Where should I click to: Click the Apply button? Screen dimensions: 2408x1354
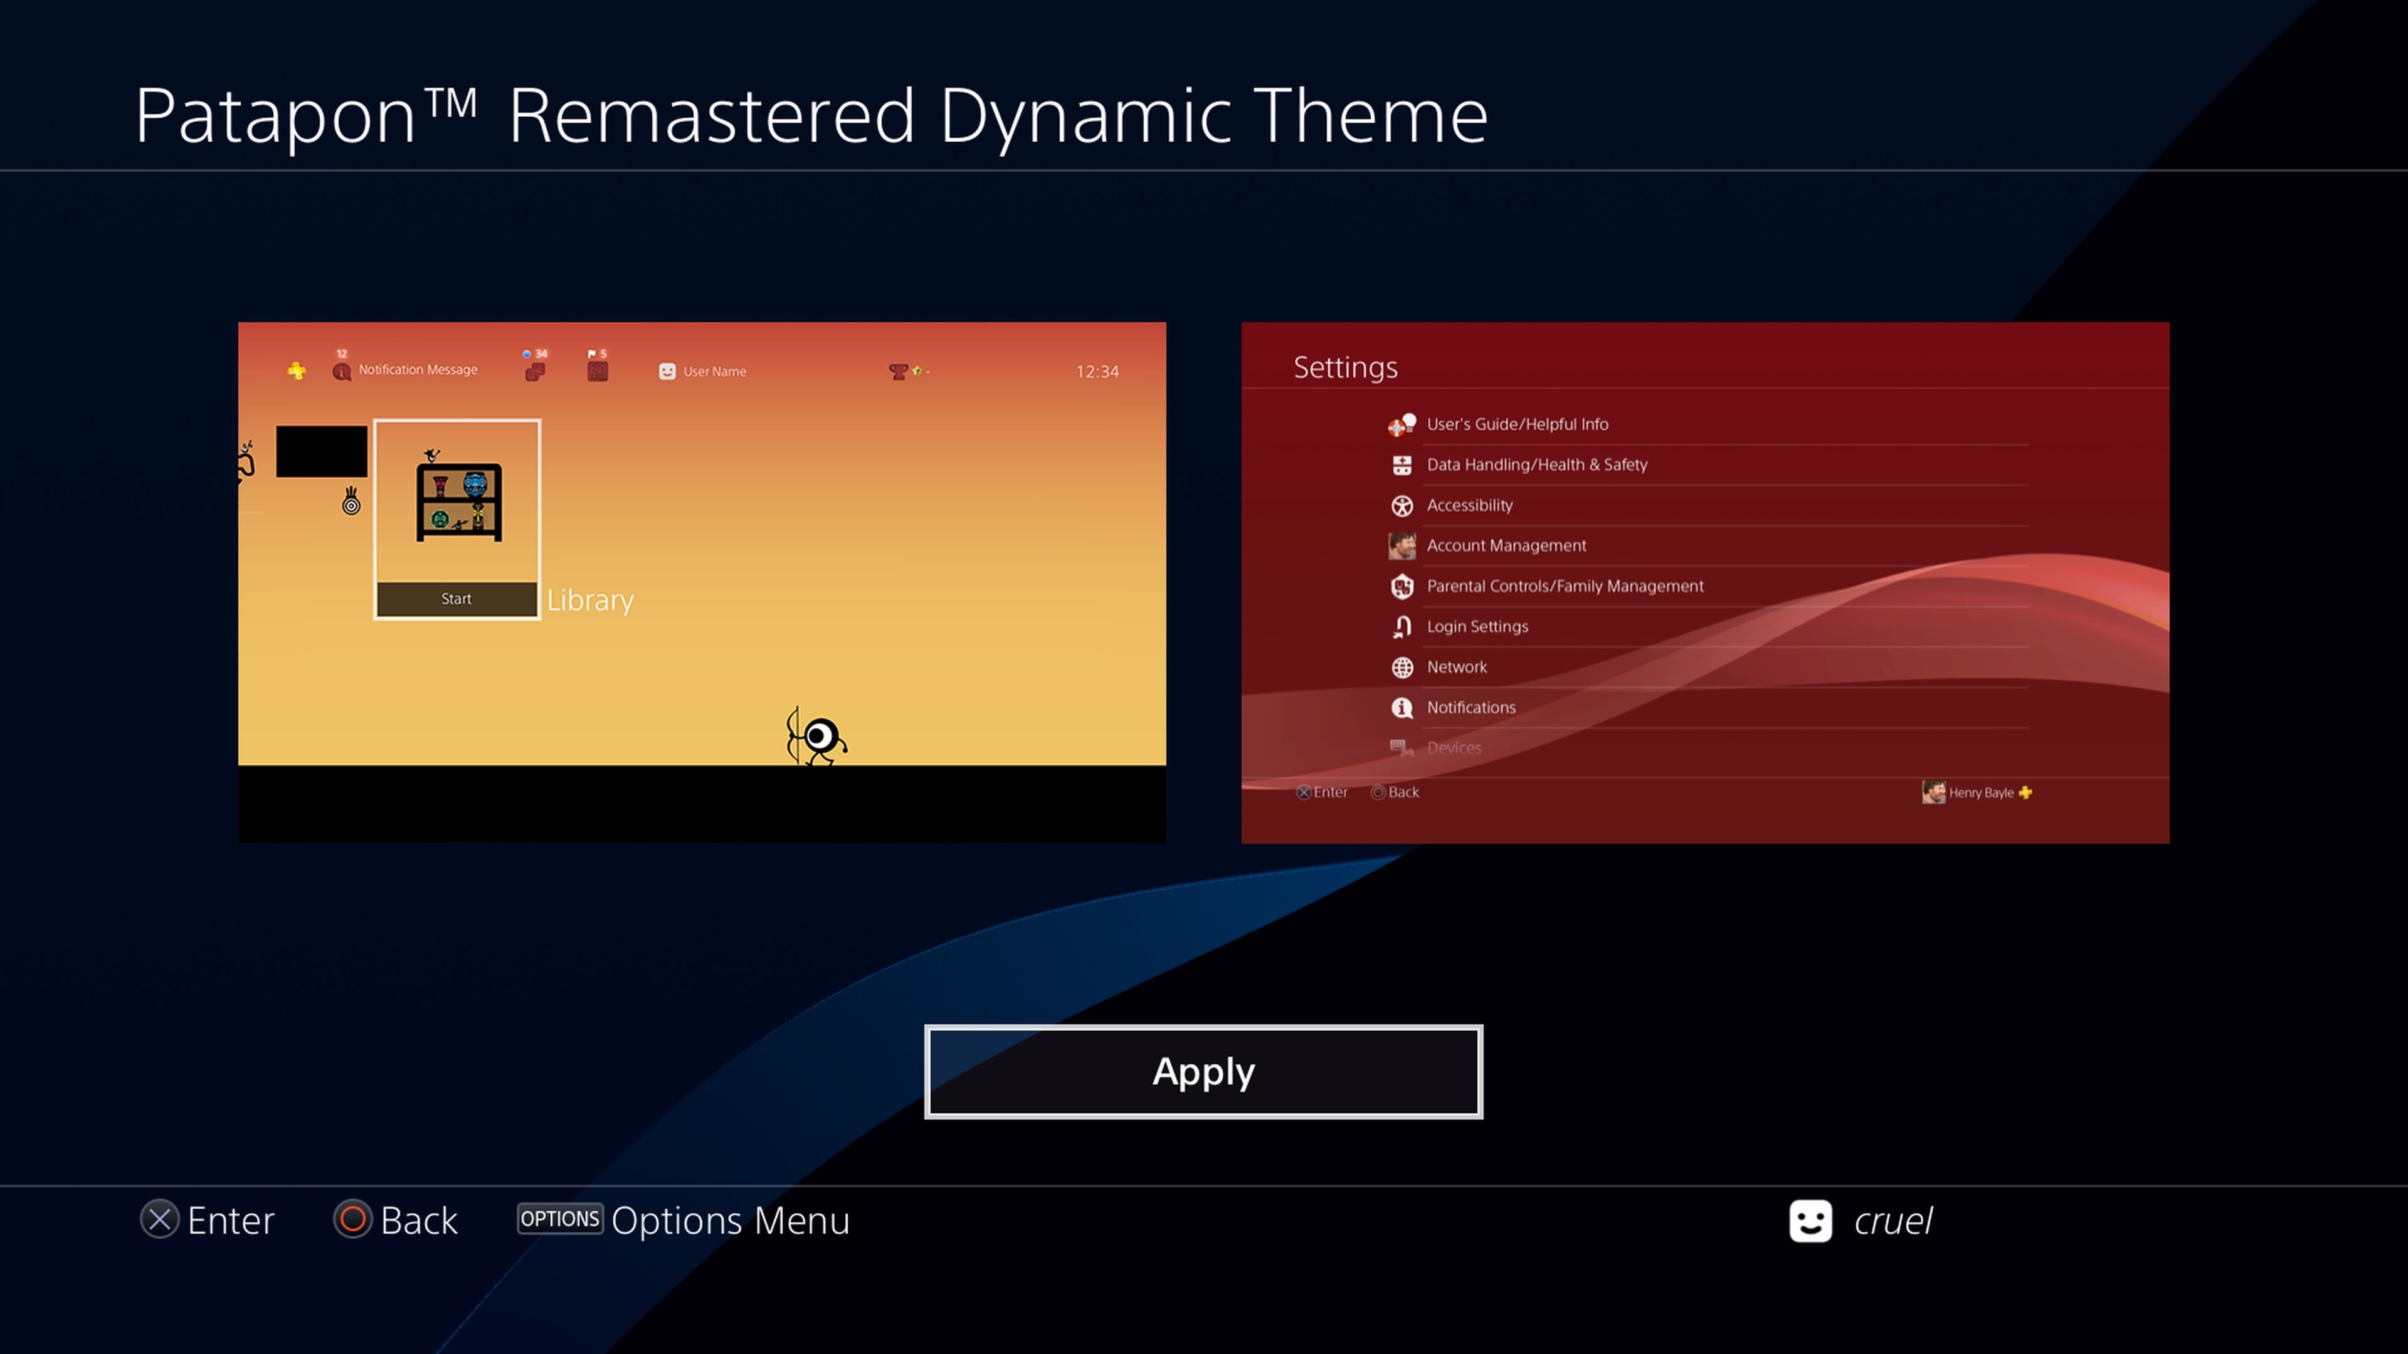1203,1072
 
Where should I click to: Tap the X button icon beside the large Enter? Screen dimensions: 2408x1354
160,1219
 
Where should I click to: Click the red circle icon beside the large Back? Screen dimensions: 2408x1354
352,1219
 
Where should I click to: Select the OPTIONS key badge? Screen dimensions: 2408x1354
560,1219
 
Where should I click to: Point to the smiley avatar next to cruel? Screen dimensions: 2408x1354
1810,1220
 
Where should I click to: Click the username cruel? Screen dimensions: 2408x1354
1893,1220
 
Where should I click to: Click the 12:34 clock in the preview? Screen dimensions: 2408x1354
1097,372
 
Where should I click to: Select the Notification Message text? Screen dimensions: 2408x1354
418,370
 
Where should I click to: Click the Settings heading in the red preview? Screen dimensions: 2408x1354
1345,368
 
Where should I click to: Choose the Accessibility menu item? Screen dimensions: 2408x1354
1469,505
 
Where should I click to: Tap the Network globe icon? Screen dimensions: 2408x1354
1402,667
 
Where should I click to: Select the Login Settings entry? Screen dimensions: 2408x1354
1477,627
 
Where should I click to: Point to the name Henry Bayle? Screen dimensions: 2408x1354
1981,792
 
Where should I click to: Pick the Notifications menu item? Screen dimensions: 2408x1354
1471,707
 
